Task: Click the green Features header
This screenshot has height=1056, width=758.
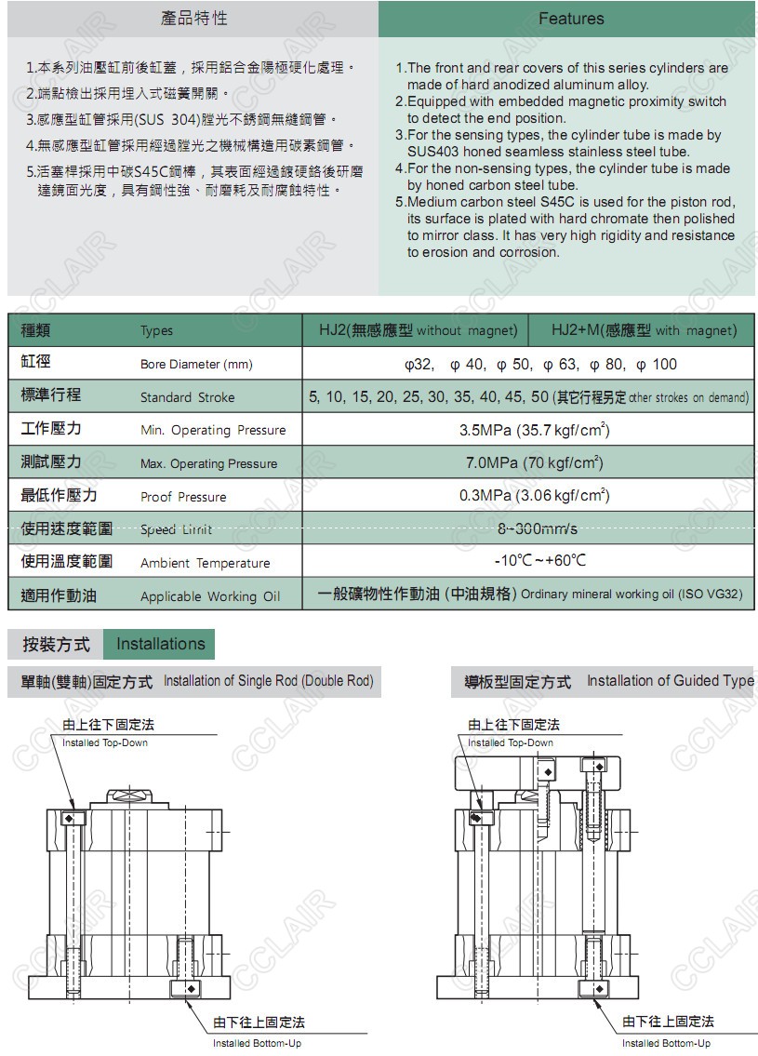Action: pos(570,19)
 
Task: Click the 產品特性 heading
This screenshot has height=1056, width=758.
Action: pos(193,19)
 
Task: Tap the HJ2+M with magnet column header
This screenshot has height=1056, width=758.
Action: pos(643,330)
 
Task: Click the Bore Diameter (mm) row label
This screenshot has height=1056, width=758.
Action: pos(196,365)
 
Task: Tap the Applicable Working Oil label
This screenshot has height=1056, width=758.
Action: pos(209,596)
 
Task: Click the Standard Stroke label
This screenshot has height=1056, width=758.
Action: pos(187,397)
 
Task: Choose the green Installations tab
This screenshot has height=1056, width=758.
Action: pos(160,644)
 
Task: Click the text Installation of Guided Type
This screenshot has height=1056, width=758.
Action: pos(670,681)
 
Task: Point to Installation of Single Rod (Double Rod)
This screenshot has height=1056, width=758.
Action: pos(268,681)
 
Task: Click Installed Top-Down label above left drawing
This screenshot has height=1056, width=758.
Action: pos(104,742)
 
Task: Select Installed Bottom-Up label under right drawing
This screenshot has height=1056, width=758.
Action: pos(666,1043)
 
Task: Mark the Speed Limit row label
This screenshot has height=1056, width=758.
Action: pos(176,529)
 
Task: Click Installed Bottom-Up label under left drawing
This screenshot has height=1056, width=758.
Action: pos(257,1043)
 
